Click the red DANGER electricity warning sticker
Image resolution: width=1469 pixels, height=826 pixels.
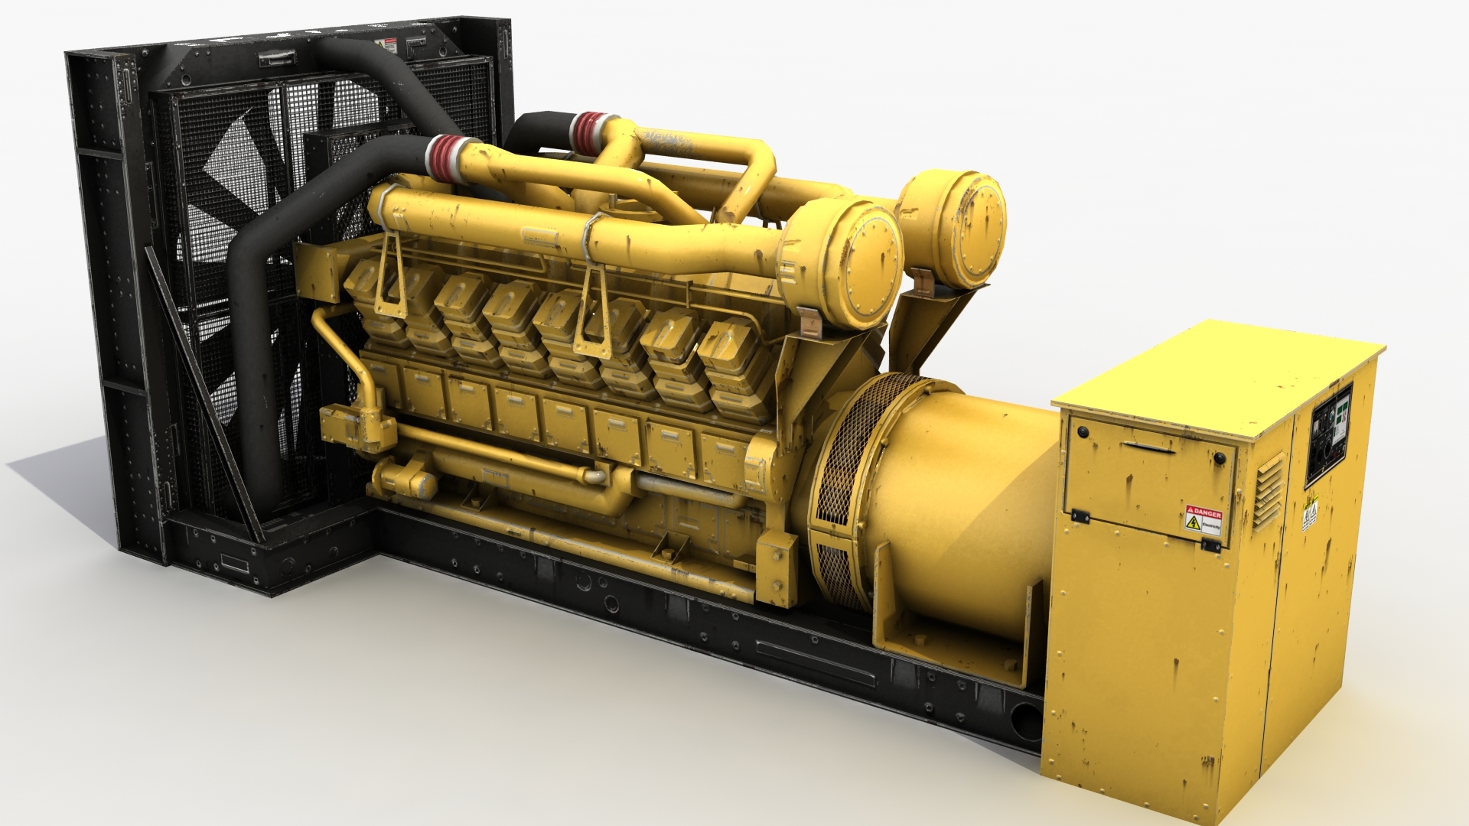tap(1203, 519)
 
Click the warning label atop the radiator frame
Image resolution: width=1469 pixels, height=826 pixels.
tap(390, 45)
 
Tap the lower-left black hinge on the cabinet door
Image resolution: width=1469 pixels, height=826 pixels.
tap(1080, 516)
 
